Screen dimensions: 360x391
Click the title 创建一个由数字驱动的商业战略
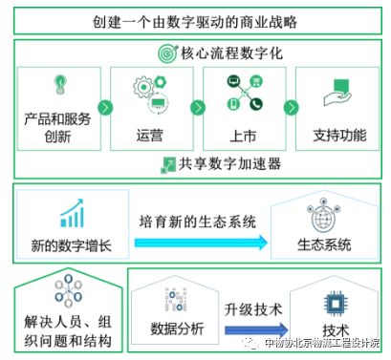coord(195,21)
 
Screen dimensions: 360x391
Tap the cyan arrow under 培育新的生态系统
coord(201,243)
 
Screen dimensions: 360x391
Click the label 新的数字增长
coord(71,245)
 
